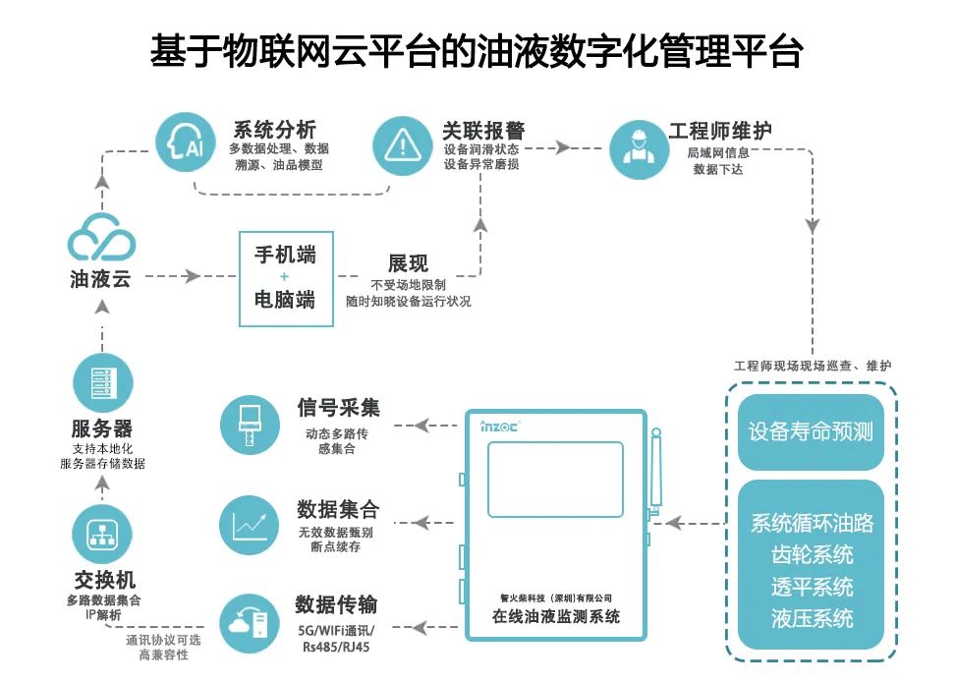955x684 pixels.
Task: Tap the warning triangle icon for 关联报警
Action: coord(401,145)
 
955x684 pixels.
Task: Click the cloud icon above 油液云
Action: coord(102,238)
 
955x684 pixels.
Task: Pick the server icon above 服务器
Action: coord(102,383)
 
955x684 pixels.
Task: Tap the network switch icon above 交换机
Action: coord(102,535)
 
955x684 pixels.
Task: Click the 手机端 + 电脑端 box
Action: coord(286,278)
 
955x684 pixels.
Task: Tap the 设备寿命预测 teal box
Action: coord(811,432)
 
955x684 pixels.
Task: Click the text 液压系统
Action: coord(812,619)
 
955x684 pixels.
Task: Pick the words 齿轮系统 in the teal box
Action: coord(812,555)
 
